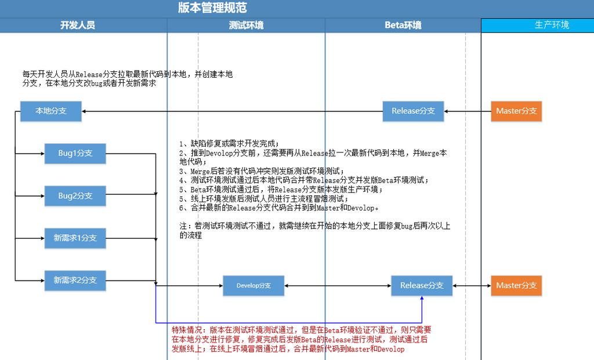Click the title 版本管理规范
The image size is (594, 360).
coord(212,8)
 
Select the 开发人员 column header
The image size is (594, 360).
coord(78,26)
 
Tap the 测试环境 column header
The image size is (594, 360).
coord(246,26)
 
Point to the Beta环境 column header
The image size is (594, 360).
coord(403,26)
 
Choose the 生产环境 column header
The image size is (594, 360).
coord(552,25)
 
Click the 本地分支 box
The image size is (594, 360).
coord(51,111)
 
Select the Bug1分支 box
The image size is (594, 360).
coord(75,153)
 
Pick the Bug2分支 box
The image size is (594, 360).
coord(75,196)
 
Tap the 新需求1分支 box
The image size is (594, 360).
coord(75,238)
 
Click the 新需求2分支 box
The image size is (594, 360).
coord(75,281)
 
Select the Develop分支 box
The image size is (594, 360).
coord(253,285)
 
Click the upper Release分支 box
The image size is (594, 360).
coord(413,111)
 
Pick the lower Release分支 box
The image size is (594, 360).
coord(422,285)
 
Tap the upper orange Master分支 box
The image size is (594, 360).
coord(516,111)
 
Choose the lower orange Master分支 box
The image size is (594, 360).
coord(516,285)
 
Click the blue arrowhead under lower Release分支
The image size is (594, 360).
coord(422,299)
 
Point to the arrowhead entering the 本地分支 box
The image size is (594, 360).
coord(84,111)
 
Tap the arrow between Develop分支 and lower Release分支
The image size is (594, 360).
coord(338,286)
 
